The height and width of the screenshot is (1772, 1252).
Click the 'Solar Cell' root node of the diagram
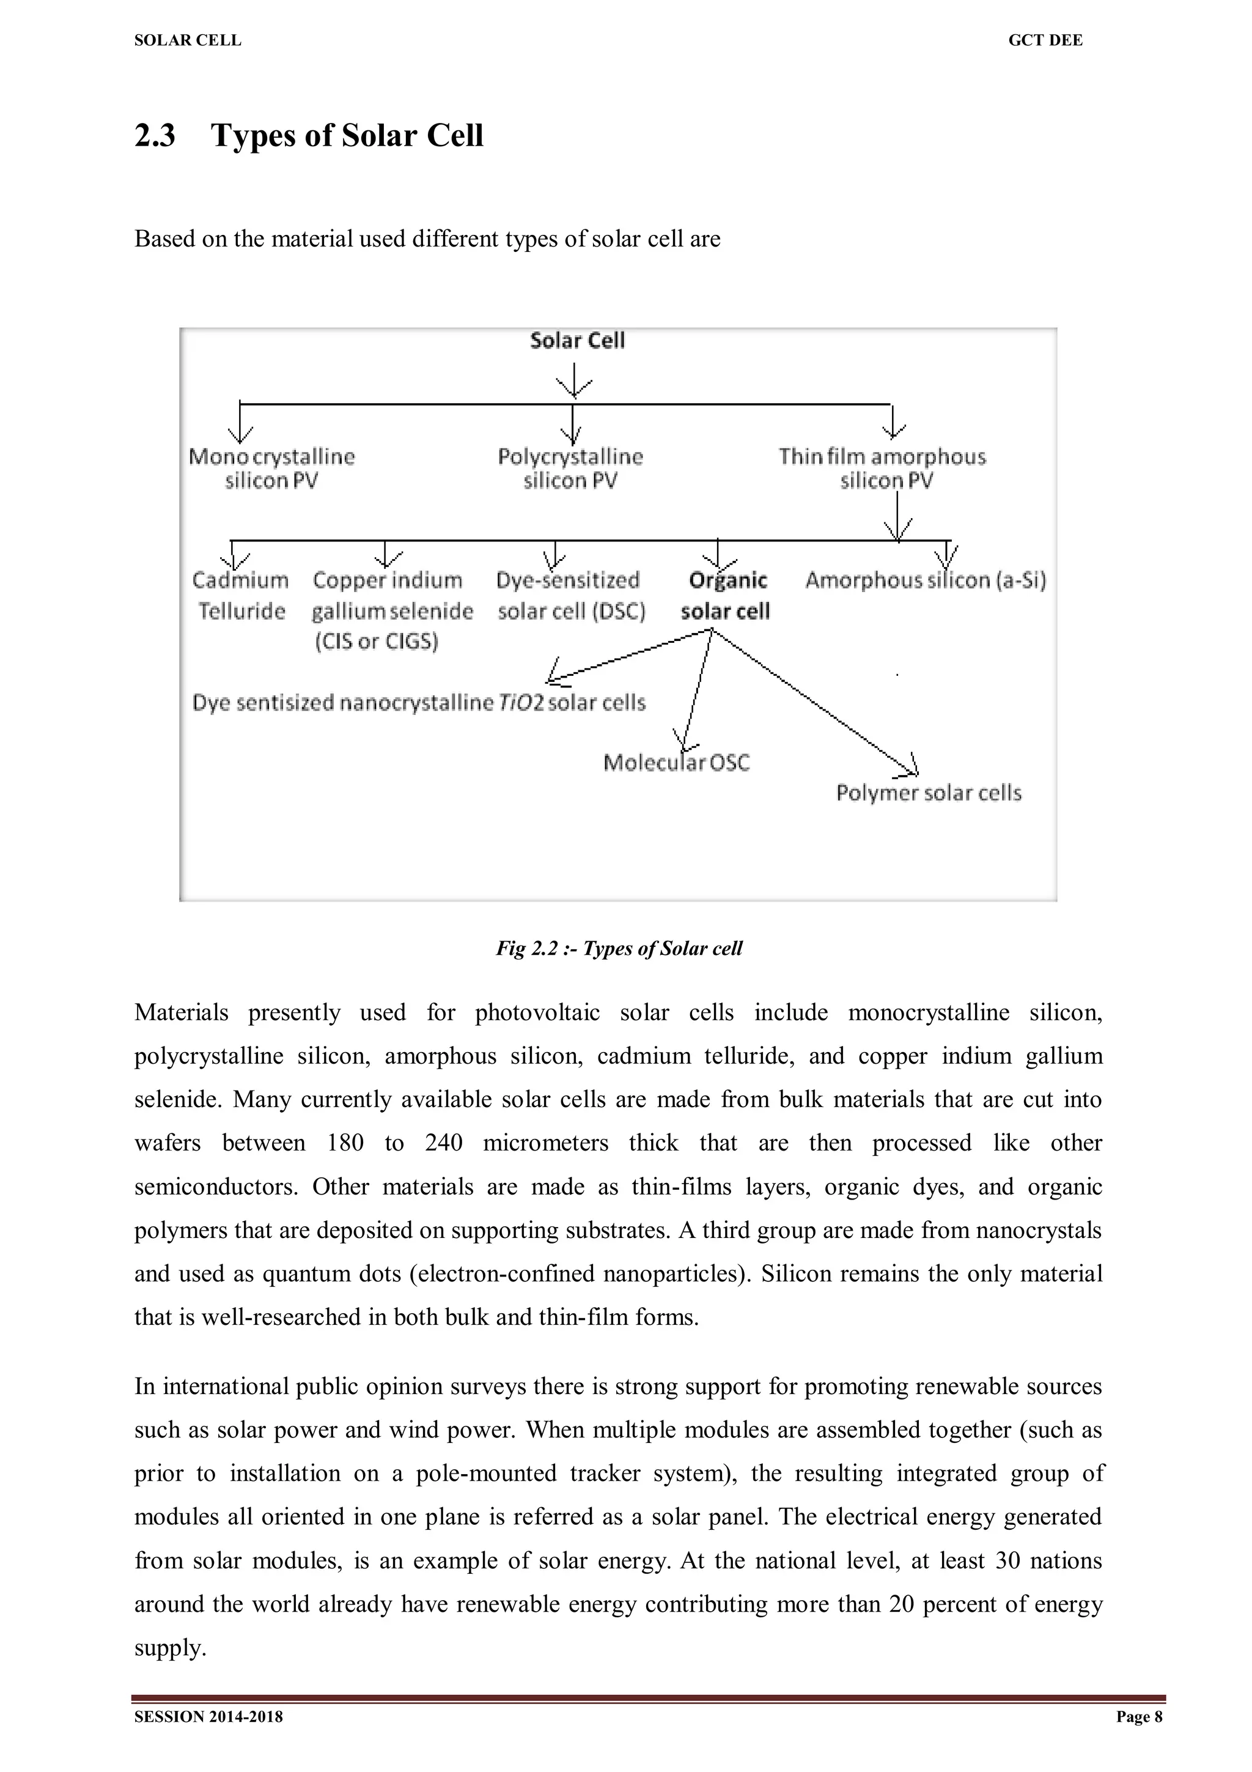(577, 340)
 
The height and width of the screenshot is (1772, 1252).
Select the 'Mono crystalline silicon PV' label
(271, 469)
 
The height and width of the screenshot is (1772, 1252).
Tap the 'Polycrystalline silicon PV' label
(570, 469)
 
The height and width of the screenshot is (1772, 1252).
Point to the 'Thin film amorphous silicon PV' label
(883, 469)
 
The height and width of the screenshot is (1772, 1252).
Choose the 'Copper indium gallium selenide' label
(392, 610)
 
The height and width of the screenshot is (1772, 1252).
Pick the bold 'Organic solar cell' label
(725, 595)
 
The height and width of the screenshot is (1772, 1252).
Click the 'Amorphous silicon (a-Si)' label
(926, 580)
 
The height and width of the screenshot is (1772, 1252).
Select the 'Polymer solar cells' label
(929, 793)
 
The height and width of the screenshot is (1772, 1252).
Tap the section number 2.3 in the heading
(155, 136)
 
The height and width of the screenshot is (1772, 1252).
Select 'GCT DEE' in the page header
(1045, 41)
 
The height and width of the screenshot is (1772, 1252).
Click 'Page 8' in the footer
(1139, 1716)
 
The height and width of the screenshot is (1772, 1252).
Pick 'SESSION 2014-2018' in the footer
(208, 1716)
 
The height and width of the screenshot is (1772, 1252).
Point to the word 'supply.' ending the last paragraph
(170, 1648)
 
